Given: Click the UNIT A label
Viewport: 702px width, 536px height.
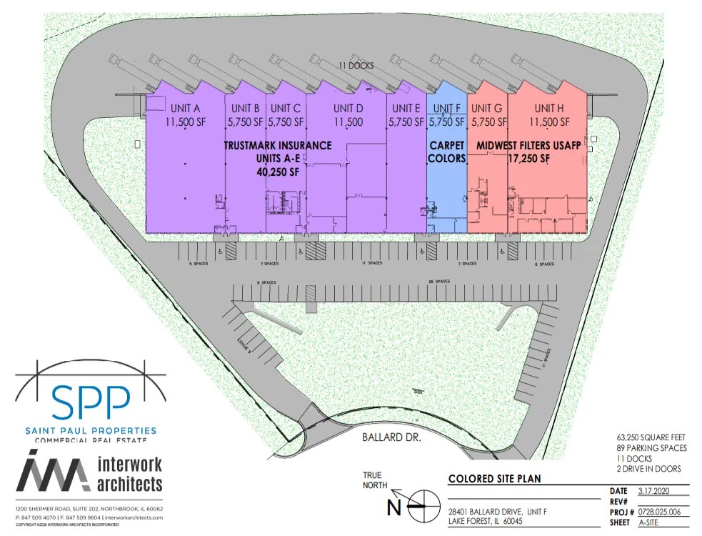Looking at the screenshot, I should (184, 109).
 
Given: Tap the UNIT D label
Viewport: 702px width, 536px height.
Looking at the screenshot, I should (349, 109).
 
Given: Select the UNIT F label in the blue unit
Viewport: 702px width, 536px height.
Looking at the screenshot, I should (446, 109).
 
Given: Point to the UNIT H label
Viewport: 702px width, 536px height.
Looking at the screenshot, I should (549, 109).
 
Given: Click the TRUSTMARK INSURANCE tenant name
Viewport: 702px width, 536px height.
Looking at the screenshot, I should (278, 146).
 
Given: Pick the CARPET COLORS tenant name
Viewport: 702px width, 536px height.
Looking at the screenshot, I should (446, 152).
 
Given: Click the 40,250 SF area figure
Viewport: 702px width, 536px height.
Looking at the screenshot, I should (278, 172).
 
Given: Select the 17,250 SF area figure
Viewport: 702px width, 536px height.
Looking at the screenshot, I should (528, 159).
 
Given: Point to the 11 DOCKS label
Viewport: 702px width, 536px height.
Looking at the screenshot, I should (356, 66).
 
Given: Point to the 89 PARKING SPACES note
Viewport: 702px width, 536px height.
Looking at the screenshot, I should (651, 448).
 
